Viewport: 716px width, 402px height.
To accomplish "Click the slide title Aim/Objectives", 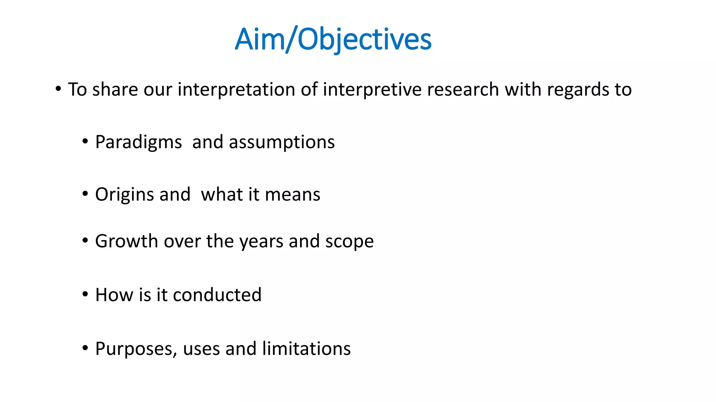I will coord(333,39).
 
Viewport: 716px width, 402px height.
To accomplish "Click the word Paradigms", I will coord(138,142).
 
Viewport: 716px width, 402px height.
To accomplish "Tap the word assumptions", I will coord(282,142).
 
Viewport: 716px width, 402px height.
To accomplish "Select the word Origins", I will coord(125,195).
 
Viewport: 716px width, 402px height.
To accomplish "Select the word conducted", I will coord(217,295).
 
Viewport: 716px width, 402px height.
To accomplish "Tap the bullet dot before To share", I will coord(58,88).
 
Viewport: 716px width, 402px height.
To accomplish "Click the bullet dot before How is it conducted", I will coord(85,294).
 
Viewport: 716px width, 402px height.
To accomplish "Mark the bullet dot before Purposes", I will coord(85,348).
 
